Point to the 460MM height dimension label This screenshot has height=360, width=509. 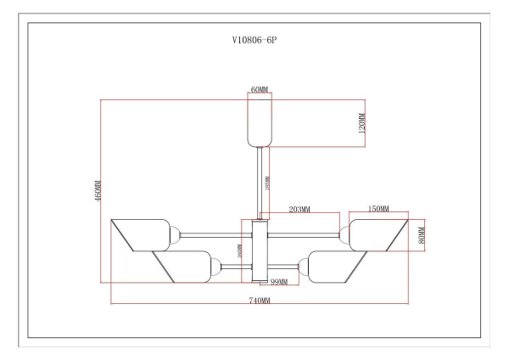click(98, 191)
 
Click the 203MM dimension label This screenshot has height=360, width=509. click(299, 209)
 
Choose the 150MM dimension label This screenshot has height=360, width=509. click(378, 209)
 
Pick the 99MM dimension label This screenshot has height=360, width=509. click(279, 283)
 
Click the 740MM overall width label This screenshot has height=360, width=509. click(259, 301)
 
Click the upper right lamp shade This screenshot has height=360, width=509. click(376, 233)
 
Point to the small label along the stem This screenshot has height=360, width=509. click(268, 182)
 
